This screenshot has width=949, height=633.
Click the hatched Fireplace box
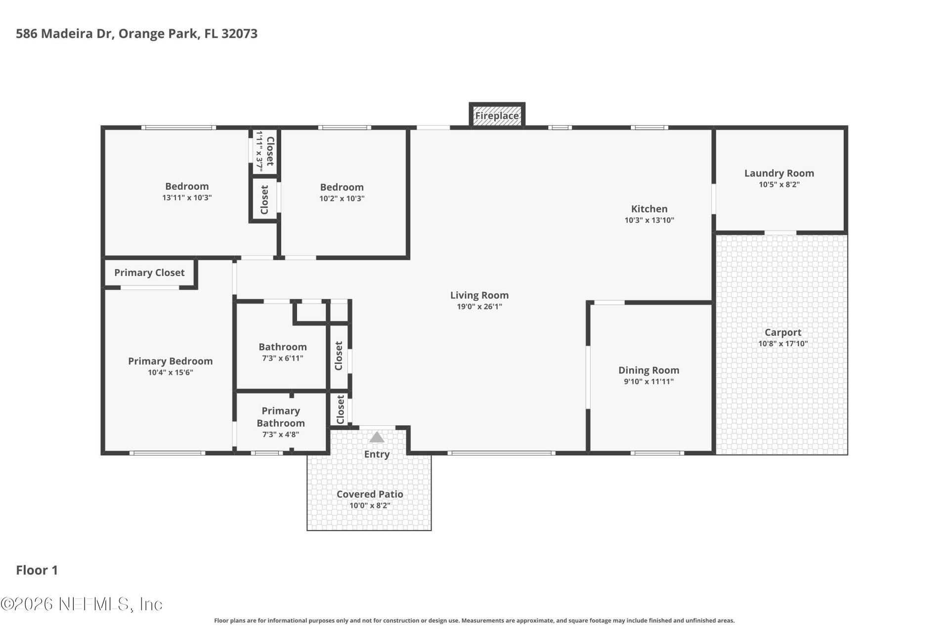pyautogui.click(x=497, y=116)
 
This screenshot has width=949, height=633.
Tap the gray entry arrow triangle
pyautogui.click(x=377, y=437)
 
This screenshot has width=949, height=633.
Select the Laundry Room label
pyautogui.click(x=779, y=173)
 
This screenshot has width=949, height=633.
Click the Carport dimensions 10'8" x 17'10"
pyautogui.click(x=783, y=344)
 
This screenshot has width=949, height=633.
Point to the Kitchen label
pyautogui.click(x=649, y=209)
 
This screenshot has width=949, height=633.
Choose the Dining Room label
pyautogui.click(x=648, y=370)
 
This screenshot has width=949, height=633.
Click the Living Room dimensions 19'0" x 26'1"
pyautogui.click(x=479, y=307)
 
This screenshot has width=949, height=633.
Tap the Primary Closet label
pyautogui.click(x=149, y=272)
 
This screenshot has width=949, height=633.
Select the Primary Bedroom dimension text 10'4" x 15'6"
pyautogui.click(x=170, y=372)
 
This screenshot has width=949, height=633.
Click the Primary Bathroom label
pyautogui.click(x=280, y=417)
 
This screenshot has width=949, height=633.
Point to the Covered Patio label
pyautogui.click(x=370, y=494)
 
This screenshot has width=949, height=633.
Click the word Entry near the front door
pyautogui.click(x=377, y=454)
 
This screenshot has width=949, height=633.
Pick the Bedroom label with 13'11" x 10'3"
pyautogui.click(x=187, y=186)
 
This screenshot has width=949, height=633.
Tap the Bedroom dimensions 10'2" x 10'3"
pyautogui.click(x=342, y=198)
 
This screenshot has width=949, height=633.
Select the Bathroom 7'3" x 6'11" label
pyautogui.click(x=282, y=347)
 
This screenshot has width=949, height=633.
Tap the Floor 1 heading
pyautogui.click(x=37, y=570)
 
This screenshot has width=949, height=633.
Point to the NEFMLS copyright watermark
pyautogui.click(x=82, y=604)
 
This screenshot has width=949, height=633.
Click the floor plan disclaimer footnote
pyautogui.click(x=474, y=621)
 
